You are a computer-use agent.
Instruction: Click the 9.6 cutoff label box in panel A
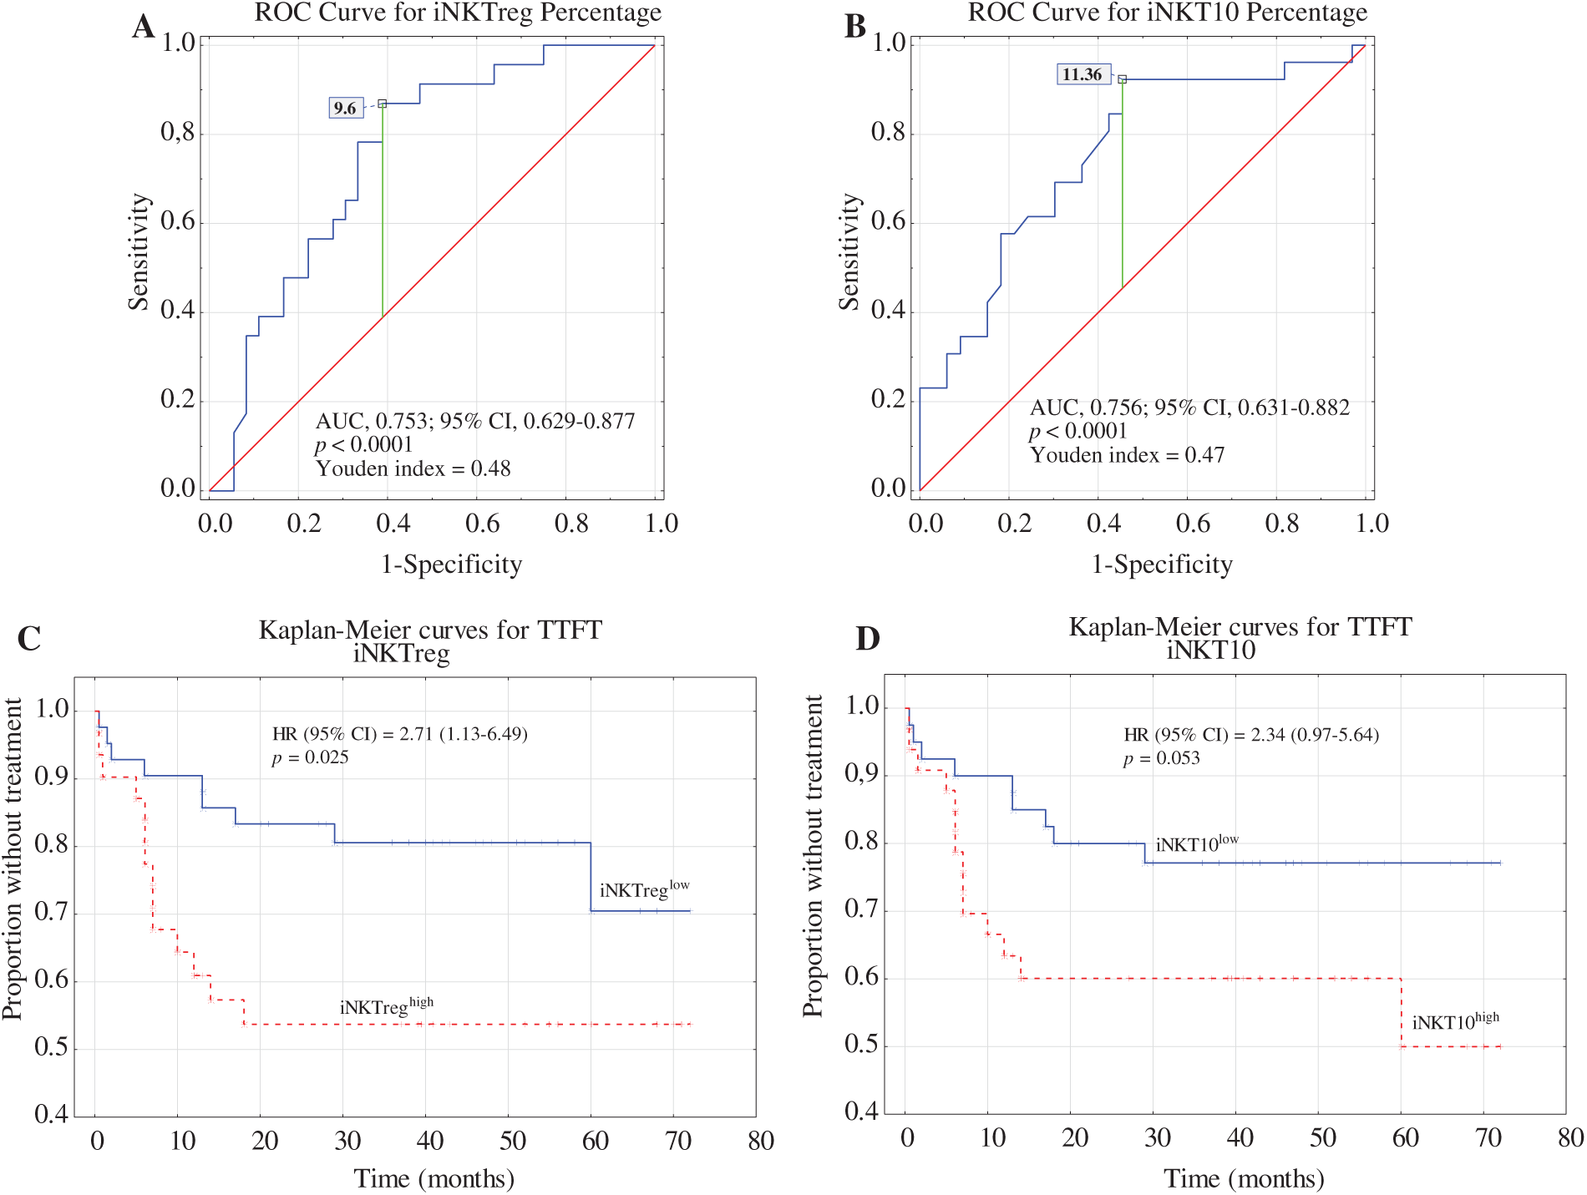click(346, 108)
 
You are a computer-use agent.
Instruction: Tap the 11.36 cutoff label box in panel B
click(1083, 74)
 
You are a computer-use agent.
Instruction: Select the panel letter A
click(143, 27)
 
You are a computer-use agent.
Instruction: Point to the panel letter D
click(868, 639)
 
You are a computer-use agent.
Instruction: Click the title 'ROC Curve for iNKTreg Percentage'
click(458, 13)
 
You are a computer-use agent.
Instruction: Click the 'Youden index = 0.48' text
click(413, 468)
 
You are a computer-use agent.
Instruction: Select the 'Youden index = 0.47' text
click(1127, 455)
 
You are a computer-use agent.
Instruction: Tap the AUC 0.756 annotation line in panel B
click(1189, 408)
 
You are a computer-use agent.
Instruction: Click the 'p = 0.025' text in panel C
click(310, 757)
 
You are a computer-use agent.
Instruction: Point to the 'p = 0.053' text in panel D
click(1161, 758)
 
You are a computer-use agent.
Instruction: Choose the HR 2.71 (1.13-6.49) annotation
click(400, 734)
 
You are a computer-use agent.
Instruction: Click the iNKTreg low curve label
click(644, 889)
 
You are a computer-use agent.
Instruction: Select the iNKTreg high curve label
click(386, 1006)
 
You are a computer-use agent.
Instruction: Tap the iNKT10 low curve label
click(1196, 843)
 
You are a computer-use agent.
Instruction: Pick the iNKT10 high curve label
click(1455, 1021)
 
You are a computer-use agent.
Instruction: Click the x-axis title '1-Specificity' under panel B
click(1162, 565)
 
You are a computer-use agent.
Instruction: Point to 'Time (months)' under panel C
click(434, 1178)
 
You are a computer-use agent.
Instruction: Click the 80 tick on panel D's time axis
click(1570, 1137)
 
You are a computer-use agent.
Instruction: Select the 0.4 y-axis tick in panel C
click(51, 1114)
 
